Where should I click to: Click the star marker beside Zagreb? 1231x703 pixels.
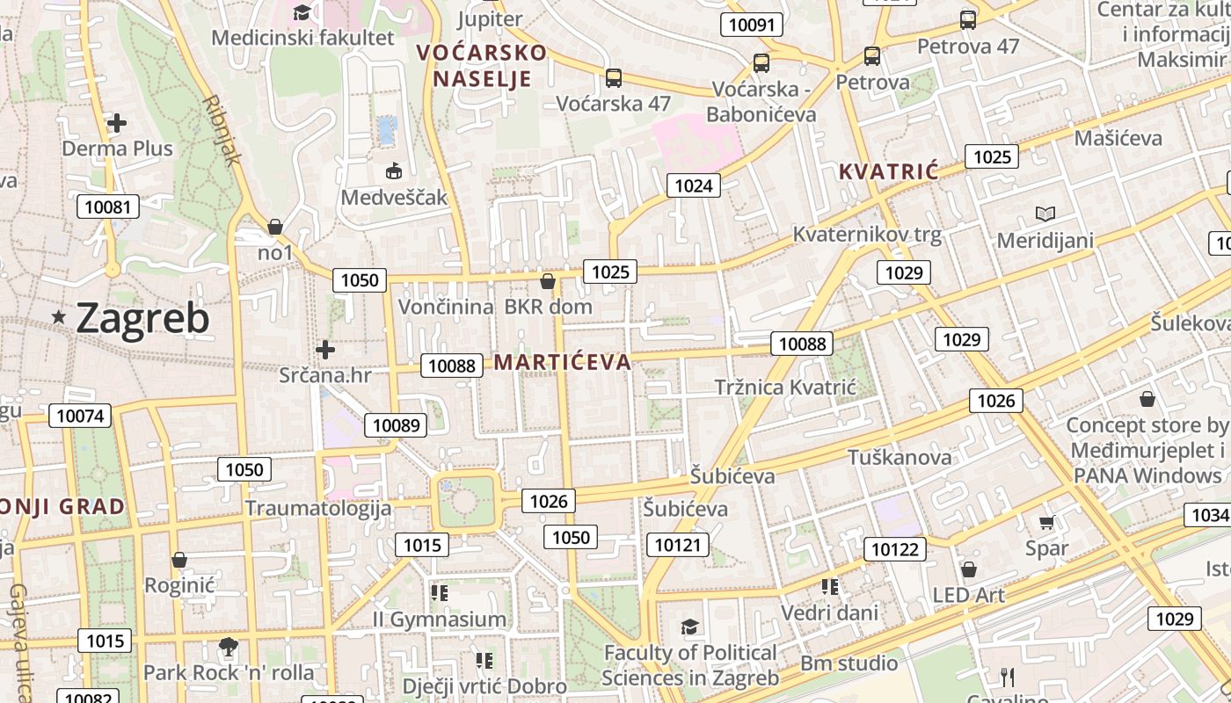click(59, 316)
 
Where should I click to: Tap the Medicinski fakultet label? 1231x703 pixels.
click(303, 38)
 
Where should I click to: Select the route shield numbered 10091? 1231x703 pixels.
click(752, 25)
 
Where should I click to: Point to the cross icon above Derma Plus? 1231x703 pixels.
click(116, 123)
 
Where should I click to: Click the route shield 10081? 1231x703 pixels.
click(108, 207)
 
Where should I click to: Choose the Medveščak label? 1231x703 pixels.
click(394, 197)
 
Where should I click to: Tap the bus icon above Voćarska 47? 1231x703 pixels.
click(614, 78)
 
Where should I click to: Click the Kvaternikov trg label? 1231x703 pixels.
click(867, 235)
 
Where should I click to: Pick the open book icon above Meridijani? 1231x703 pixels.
click(1045, 214)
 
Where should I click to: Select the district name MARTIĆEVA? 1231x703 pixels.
click(563, 362)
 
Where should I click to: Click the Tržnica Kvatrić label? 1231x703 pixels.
click(785, 388)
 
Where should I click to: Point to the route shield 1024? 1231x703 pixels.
click(694, 185)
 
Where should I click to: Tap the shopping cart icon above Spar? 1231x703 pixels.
click(1046, 523)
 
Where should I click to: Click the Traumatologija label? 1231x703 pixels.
click(317, 508)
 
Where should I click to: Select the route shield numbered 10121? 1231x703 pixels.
click(678, 546)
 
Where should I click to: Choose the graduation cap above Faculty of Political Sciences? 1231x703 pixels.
click(690, 627)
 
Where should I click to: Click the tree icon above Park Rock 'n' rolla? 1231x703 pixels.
click(229, 648)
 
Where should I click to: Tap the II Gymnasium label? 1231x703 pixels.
click(440, 620)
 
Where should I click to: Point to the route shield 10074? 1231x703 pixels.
click(80, 416)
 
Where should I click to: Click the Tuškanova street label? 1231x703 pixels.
click(900, 457)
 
